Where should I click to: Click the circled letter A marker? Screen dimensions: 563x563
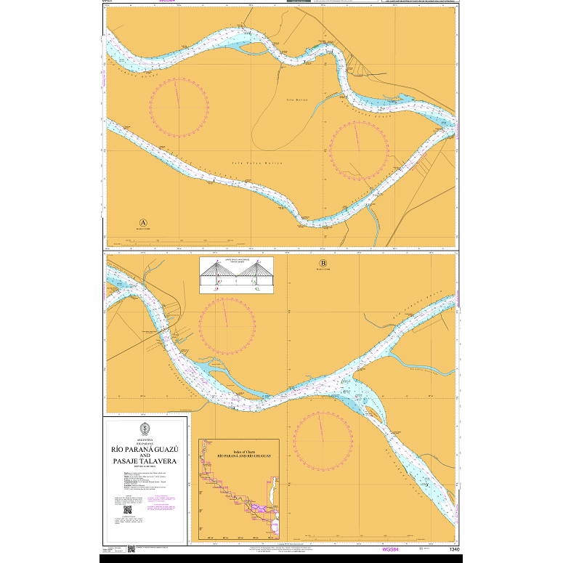coord(143,222)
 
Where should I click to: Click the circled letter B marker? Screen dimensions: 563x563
coord(323,263)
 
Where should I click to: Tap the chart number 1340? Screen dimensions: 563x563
coord(455,549)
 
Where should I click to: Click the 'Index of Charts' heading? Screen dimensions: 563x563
coord(234,454)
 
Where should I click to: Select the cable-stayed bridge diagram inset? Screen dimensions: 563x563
coord(238,275)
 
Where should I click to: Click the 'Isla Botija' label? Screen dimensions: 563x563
coord(297,99)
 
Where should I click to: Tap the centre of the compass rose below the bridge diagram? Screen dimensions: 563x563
coord(227,327)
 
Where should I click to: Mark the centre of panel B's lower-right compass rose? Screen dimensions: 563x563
coord(323,441)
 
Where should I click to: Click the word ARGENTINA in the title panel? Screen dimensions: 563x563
coord(145,439)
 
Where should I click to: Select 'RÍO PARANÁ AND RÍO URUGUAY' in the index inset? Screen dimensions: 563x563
coord(234,459)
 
